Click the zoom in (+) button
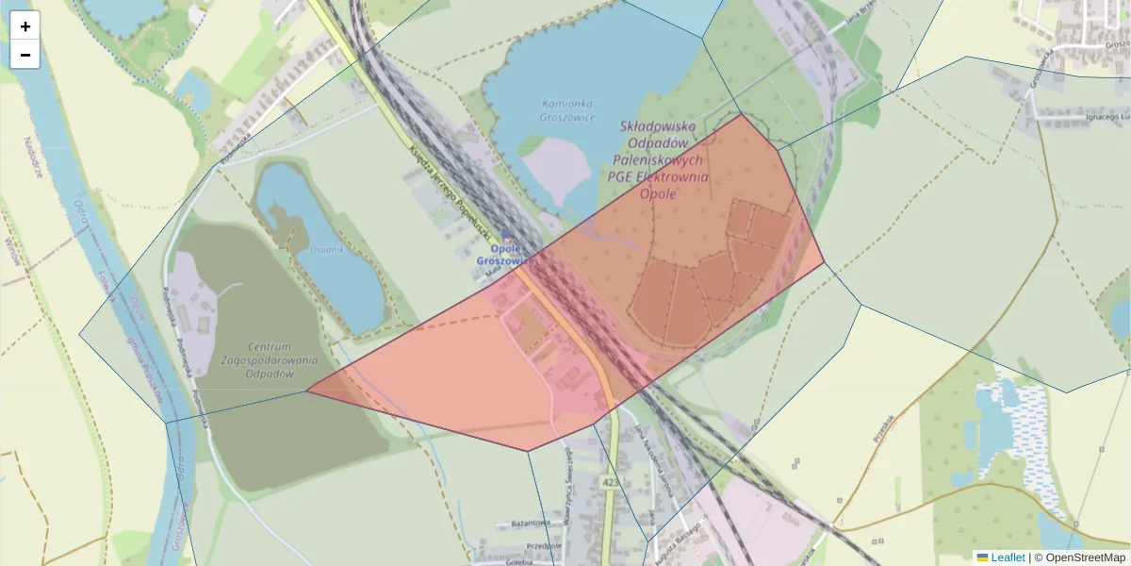[25, 26]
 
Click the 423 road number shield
[610, 483]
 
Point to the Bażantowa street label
[530, 522]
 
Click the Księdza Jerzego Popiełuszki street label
[453, 188]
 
